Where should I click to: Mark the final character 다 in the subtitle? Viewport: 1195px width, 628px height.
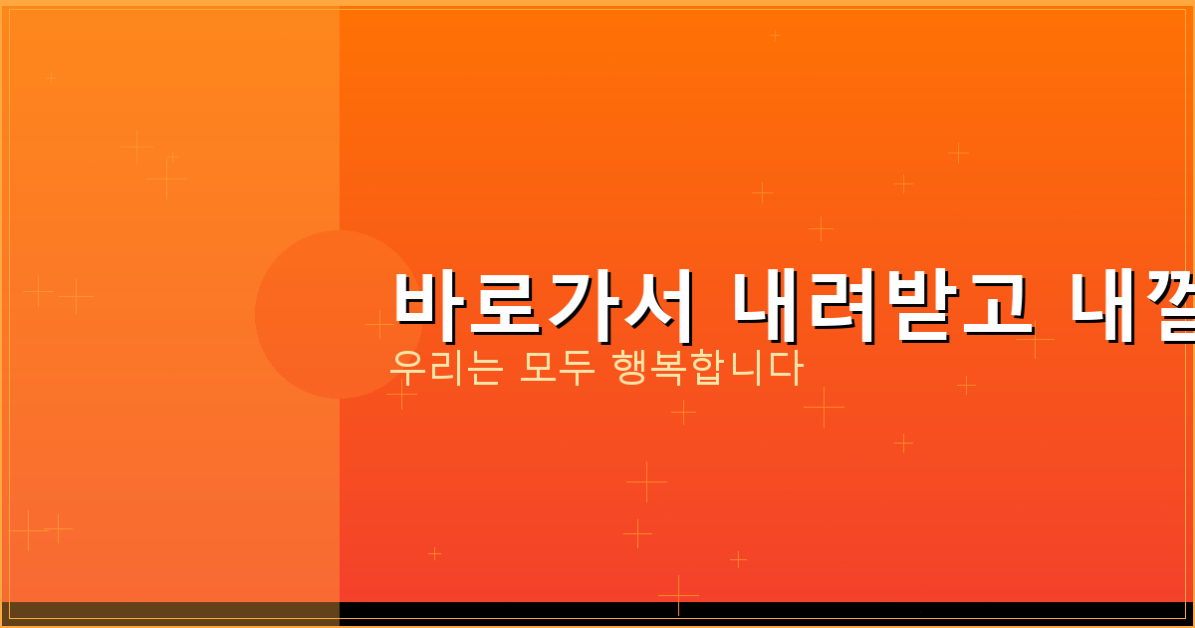click(786, 368)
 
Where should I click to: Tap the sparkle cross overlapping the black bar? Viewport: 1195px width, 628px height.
click(678, 595)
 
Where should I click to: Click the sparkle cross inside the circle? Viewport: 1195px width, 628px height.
click(379, 324)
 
